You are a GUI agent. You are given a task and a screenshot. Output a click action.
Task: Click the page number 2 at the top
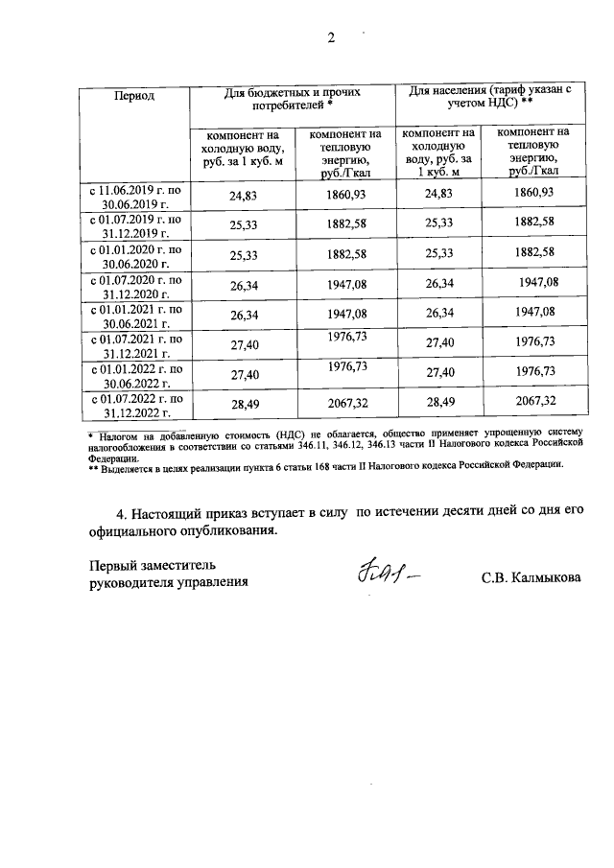point(331,38)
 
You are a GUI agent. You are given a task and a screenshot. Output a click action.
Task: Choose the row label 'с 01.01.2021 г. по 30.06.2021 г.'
point(134,317)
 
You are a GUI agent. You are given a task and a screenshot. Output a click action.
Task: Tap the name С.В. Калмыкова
point(531,579)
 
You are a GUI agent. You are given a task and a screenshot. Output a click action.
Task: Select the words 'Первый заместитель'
point(153,563)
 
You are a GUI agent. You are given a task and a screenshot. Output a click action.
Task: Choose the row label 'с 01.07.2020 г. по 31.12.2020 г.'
point(134,287)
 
